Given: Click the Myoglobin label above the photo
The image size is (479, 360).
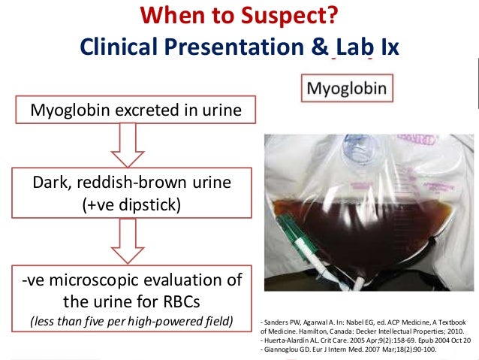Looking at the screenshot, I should point(345,90).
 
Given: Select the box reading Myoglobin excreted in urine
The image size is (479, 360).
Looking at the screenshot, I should point(136,111).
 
